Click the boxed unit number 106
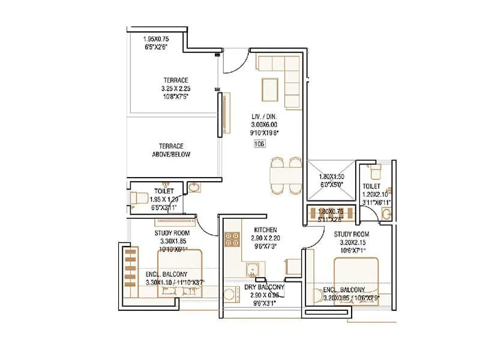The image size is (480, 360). [x=260, y=143]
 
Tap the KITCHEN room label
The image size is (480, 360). [x=265, y=230]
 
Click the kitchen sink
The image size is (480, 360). [x=254, y=268]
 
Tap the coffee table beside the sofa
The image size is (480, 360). [x=269, y=89]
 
